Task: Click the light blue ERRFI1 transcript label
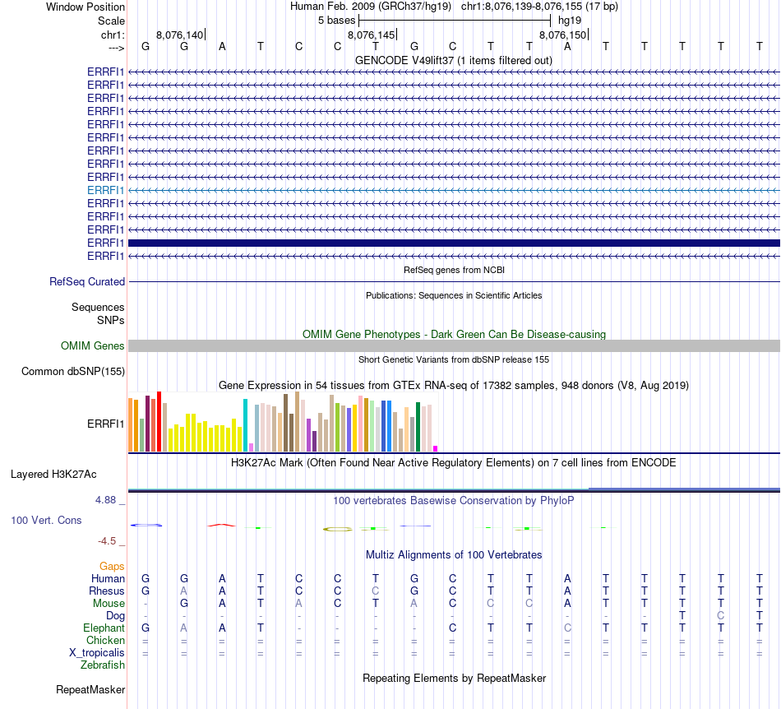point(106,190)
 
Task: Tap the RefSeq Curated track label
point(87,281)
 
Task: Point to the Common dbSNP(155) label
point(72,372)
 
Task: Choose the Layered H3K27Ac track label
point(53,475)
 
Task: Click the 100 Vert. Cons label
point(46,521)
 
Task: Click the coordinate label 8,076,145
point(372,35)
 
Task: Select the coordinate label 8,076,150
point(563,35)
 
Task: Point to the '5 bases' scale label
point(336,20)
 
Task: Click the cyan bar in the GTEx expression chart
point(245,424)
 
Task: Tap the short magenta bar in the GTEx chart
point(436,448)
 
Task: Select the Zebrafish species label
point(103,665)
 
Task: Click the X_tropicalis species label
point(97,652)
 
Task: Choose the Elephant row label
point(104,628)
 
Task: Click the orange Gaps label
point(112,566)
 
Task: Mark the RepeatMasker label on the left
point(90,689)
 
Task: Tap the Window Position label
point(85,7)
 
